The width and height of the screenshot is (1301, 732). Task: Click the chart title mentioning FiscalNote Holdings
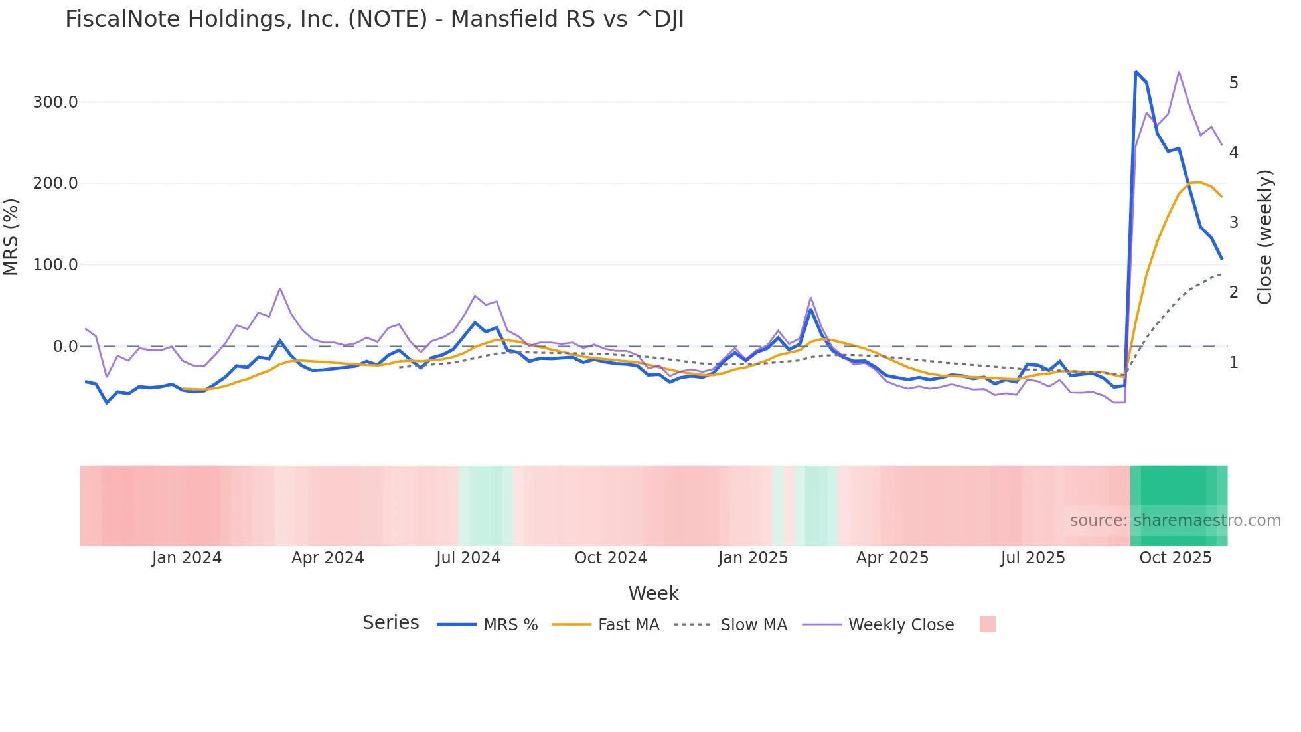click(x=374, y=19)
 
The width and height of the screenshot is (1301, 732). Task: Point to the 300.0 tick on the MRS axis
click(x=55, y=102)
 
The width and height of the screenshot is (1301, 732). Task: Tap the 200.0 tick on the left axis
click(x=55, y=183)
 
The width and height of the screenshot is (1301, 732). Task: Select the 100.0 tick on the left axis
click(x=55, y=265)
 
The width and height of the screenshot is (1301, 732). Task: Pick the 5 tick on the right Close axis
click(x=1233, y=83)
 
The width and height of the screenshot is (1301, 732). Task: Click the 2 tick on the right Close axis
click(x=1233, y=292)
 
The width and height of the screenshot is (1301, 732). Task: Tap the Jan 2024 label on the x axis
click(x=187, y=558)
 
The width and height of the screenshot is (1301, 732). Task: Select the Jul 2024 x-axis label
click(x=468, y=558)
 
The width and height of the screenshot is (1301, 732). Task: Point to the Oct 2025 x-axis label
click(x=1175, y=558)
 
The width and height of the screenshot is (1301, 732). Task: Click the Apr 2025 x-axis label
click(x=892, y=558)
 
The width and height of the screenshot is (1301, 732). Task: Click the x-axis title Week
click(x=653, y=593)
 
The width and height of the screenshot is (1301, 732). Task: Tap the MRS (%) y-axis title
click(x=11, y=236)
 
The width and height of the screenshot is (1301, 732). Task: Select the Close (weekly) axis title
click(x=1264, y=236)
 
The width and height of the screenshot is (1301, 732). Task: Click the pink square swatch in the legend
click(x=987, y=624)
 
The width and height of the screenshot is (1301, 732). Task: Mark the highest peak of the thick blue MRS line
click(x=1136, y=72)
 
